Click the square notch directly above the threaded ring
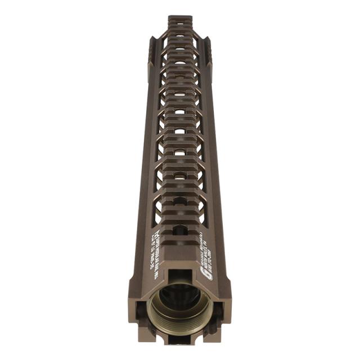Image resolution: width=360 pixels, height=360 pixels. (x=180, y=277)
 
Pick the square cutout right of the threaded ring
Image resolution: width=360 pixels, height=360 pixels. (x=219, y=308)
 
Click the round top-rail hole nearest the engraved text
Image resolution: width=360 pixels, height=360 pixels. (x=180, y=230)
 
